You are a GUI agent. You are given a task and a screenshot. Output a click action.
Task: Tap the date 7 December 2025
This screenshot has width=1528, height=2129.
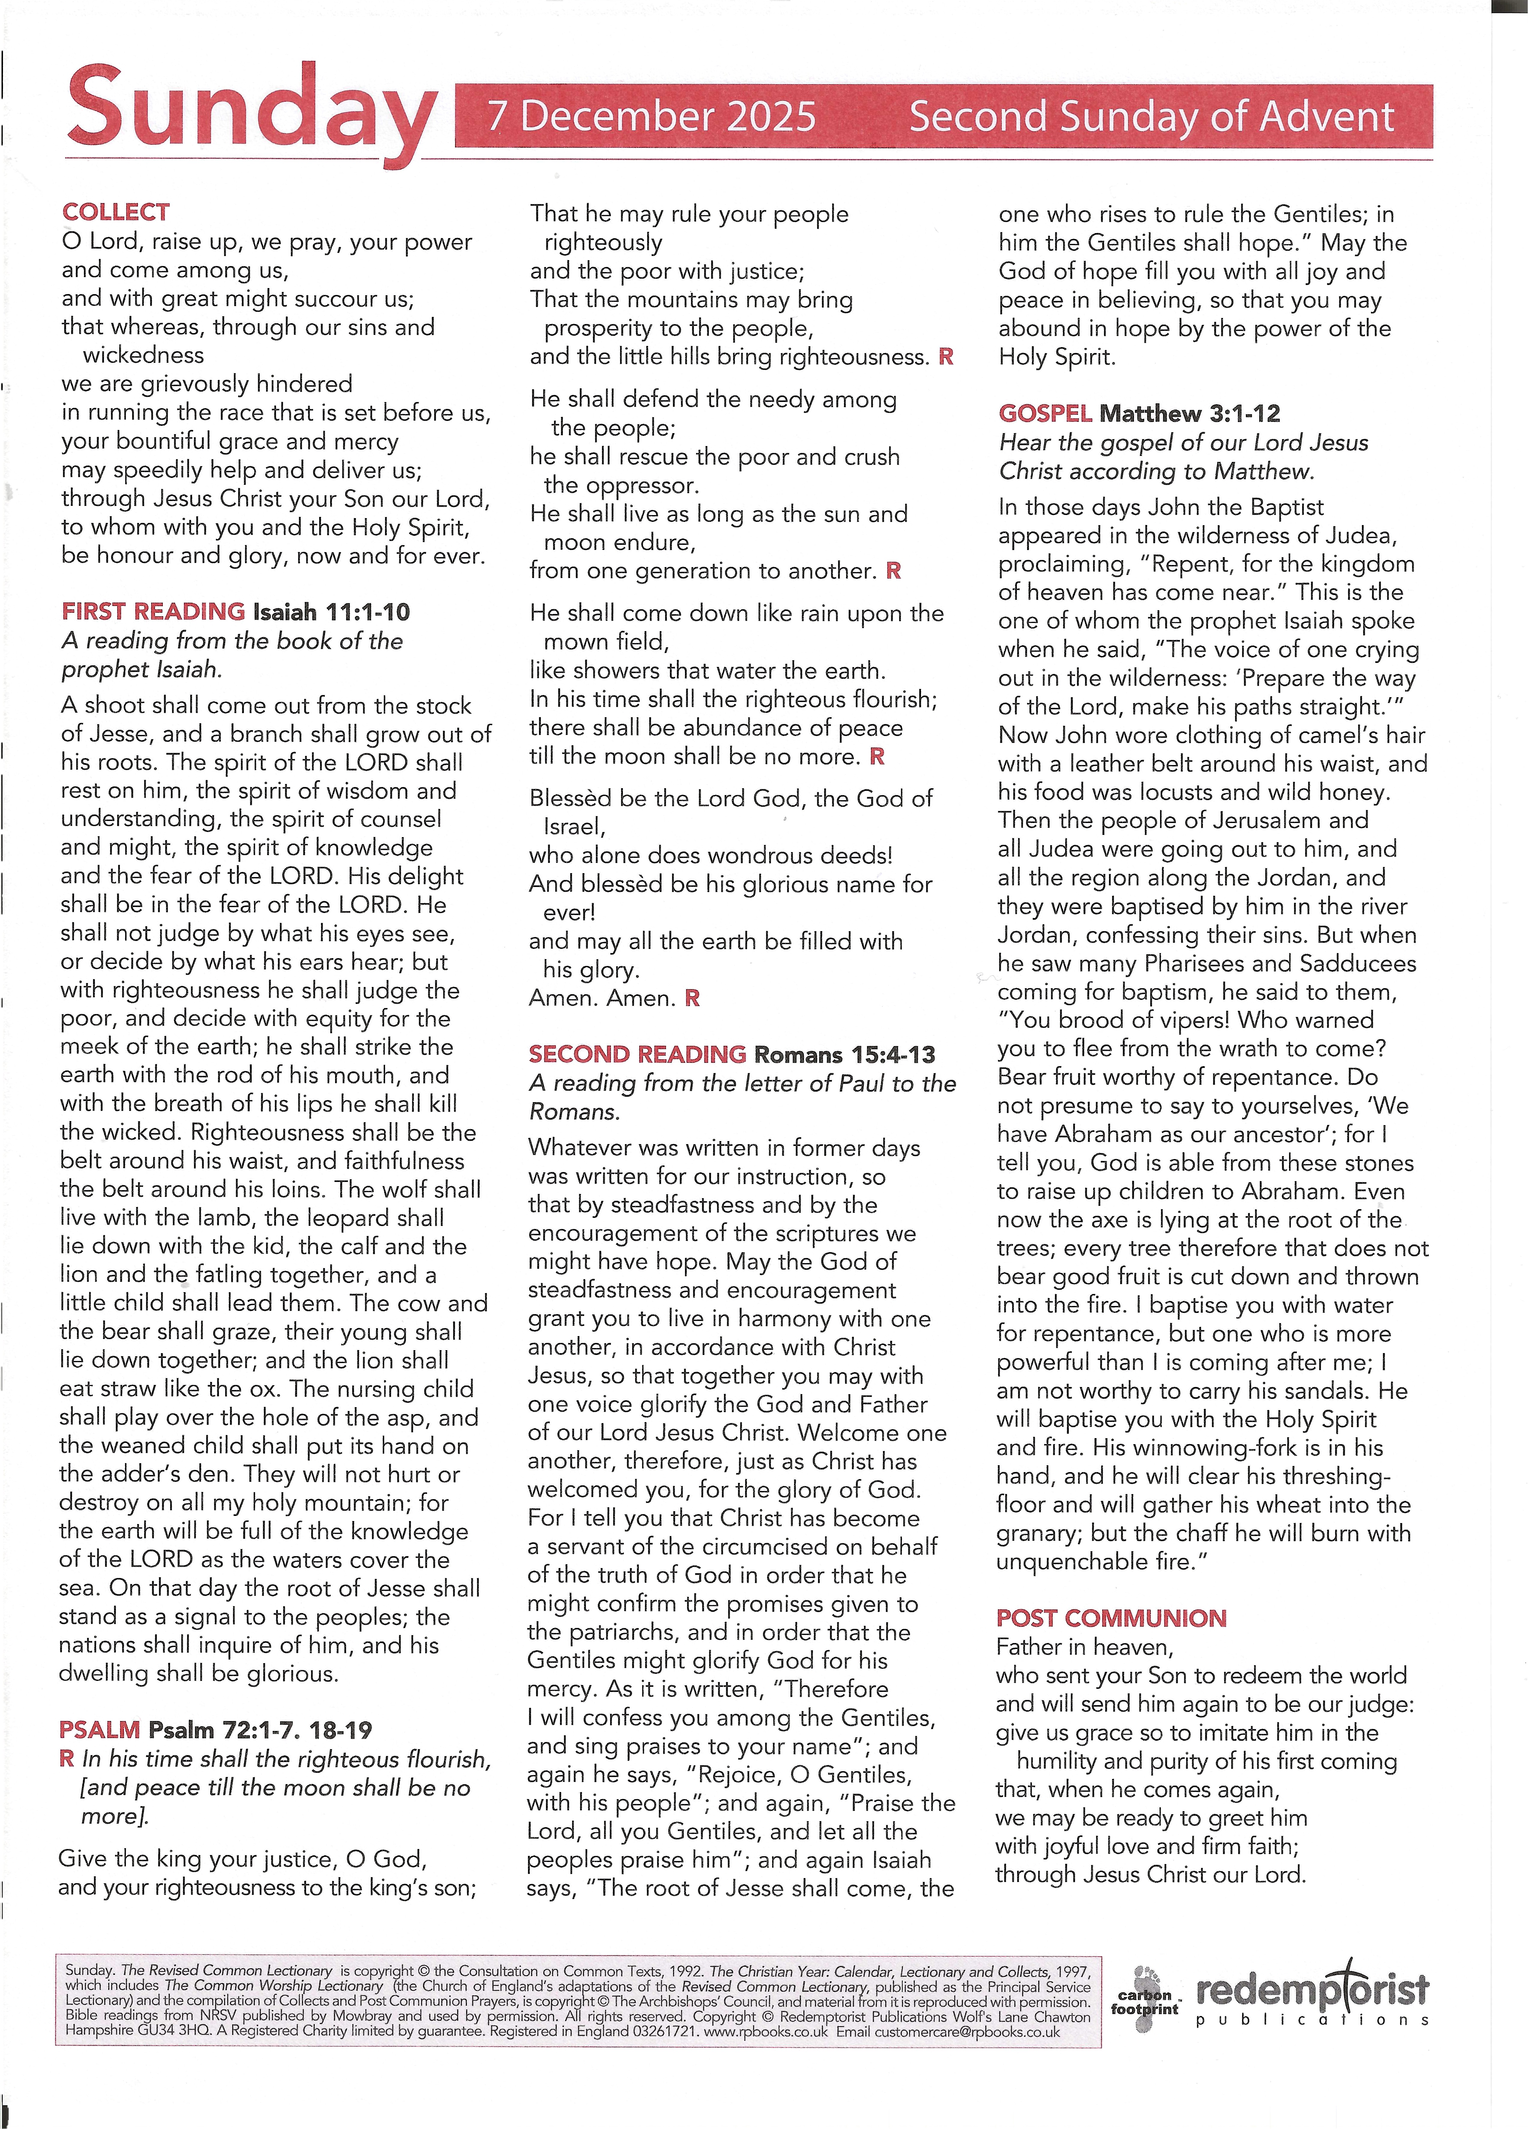tap(651, 117)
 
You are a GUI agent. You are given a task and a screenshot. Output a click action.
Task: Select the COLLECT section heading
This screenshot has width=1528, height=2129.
tap(115, 212)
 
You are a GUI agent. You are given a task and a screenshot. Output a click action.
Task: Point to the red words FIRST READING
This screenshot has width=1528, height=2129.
tap(153, 612)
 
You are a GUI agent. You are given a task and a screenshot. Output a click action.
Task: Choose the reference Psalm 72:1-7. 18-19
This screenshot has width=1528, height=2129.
tap(260, 1729)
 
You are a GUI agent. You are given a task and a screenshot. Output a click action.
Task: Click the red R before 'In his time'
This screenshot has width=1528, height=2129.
tap(67, 1758)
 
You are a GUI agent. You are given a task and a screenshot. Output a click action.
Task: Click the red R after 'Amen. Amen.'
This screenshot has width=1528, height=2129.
tap(693, 998)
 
